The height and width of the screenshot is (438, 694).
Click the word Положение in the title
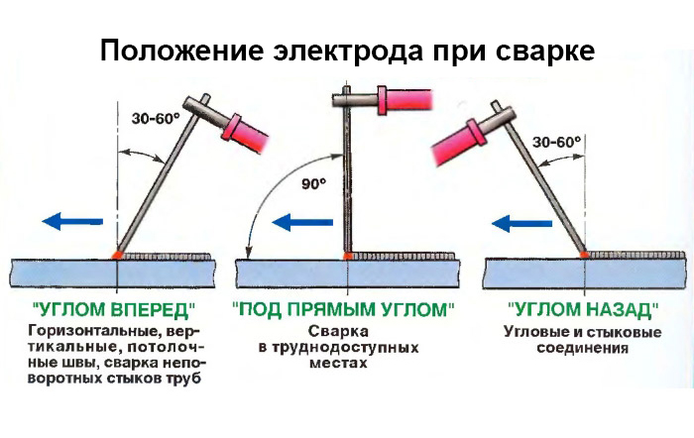181,52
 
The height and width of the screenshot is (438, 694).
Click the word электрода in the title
347,52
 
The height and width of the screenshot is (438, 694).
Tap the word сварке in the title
545,51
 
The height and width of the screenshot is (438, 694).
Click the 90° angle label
314,183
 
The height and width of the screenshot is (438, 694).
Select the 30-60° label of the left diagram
156,118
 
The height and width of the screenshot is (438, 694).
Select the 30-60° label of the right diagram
556,142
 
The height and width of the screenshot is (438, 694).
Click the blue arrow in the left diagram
72,221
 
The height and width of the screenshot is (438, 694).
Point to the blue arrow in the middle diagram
302,222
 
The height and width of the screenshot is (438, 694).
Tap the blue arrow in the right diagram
521,223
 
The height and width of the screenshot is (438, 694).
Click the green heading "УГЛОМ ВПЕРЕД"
114,310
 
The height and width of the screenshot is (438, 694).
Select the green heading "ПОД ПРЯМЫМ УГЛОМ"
343,310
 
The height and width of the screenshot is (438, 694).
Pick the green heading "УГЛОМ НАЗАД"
583,310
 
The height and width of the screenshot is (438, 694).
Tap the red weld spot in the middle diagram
348,256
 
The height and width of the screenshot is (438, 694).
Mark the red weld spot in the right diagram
584,255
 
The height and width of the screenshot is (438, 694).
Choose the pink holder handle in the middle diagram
405,100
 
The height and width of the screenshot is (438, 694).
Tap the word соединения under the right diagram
583,348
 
